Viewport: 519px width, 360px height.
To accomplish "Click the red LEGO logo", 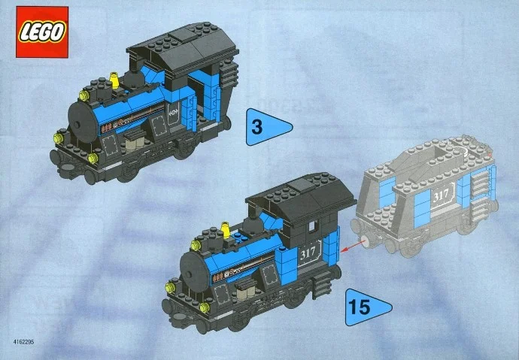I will (41, 31).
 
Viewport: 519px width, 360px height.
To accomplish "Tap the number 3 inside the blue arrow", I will (257, 128).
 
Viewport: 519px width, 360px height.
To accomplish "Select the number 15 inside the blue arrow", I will (359, 308).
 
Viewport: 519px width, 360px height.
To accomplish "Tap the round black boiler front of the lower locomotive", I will (190, 267).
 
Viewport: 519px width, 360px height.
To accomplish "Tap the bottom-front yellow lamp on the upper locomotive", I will (93, 159).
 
